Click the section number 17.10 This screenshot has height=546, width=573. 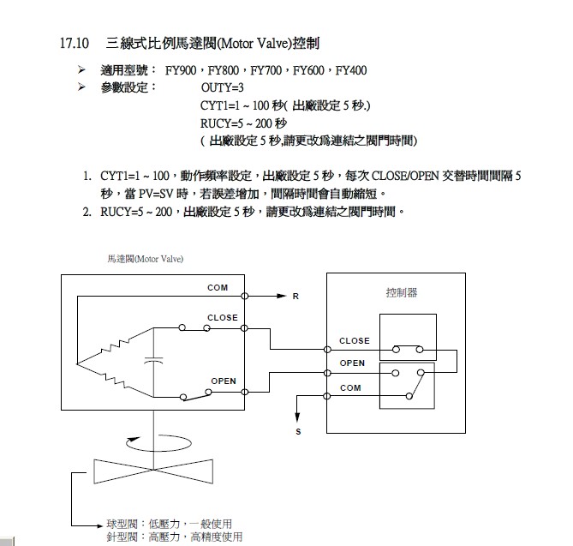click(75, 42)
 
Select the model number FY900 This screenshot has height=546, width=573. click(187, 70)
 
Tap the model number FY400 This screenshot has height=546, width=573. click(350, 70)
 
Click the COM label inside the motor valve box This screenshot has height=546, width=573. click(218, 288)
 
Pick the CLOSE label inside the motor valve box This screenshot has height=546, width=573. click(222, 318)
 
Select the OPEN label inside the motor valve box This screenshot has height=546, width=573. click(224, 381)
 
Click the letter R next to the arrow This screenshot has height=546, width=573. click(295, 297)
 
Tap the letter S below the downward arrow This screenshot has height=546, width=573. click(298, 431)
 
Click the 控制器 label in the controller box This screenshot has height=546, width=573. click(401, 292)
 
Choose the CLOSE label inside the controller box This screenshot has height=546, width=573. click(354, 340)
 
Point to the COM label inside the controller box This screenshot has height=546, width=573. click(350, 387)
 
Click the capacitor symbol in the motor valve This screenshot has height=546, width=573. click(154, 361)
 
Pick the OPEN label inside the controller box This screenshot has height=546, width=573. click(352, 363)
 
